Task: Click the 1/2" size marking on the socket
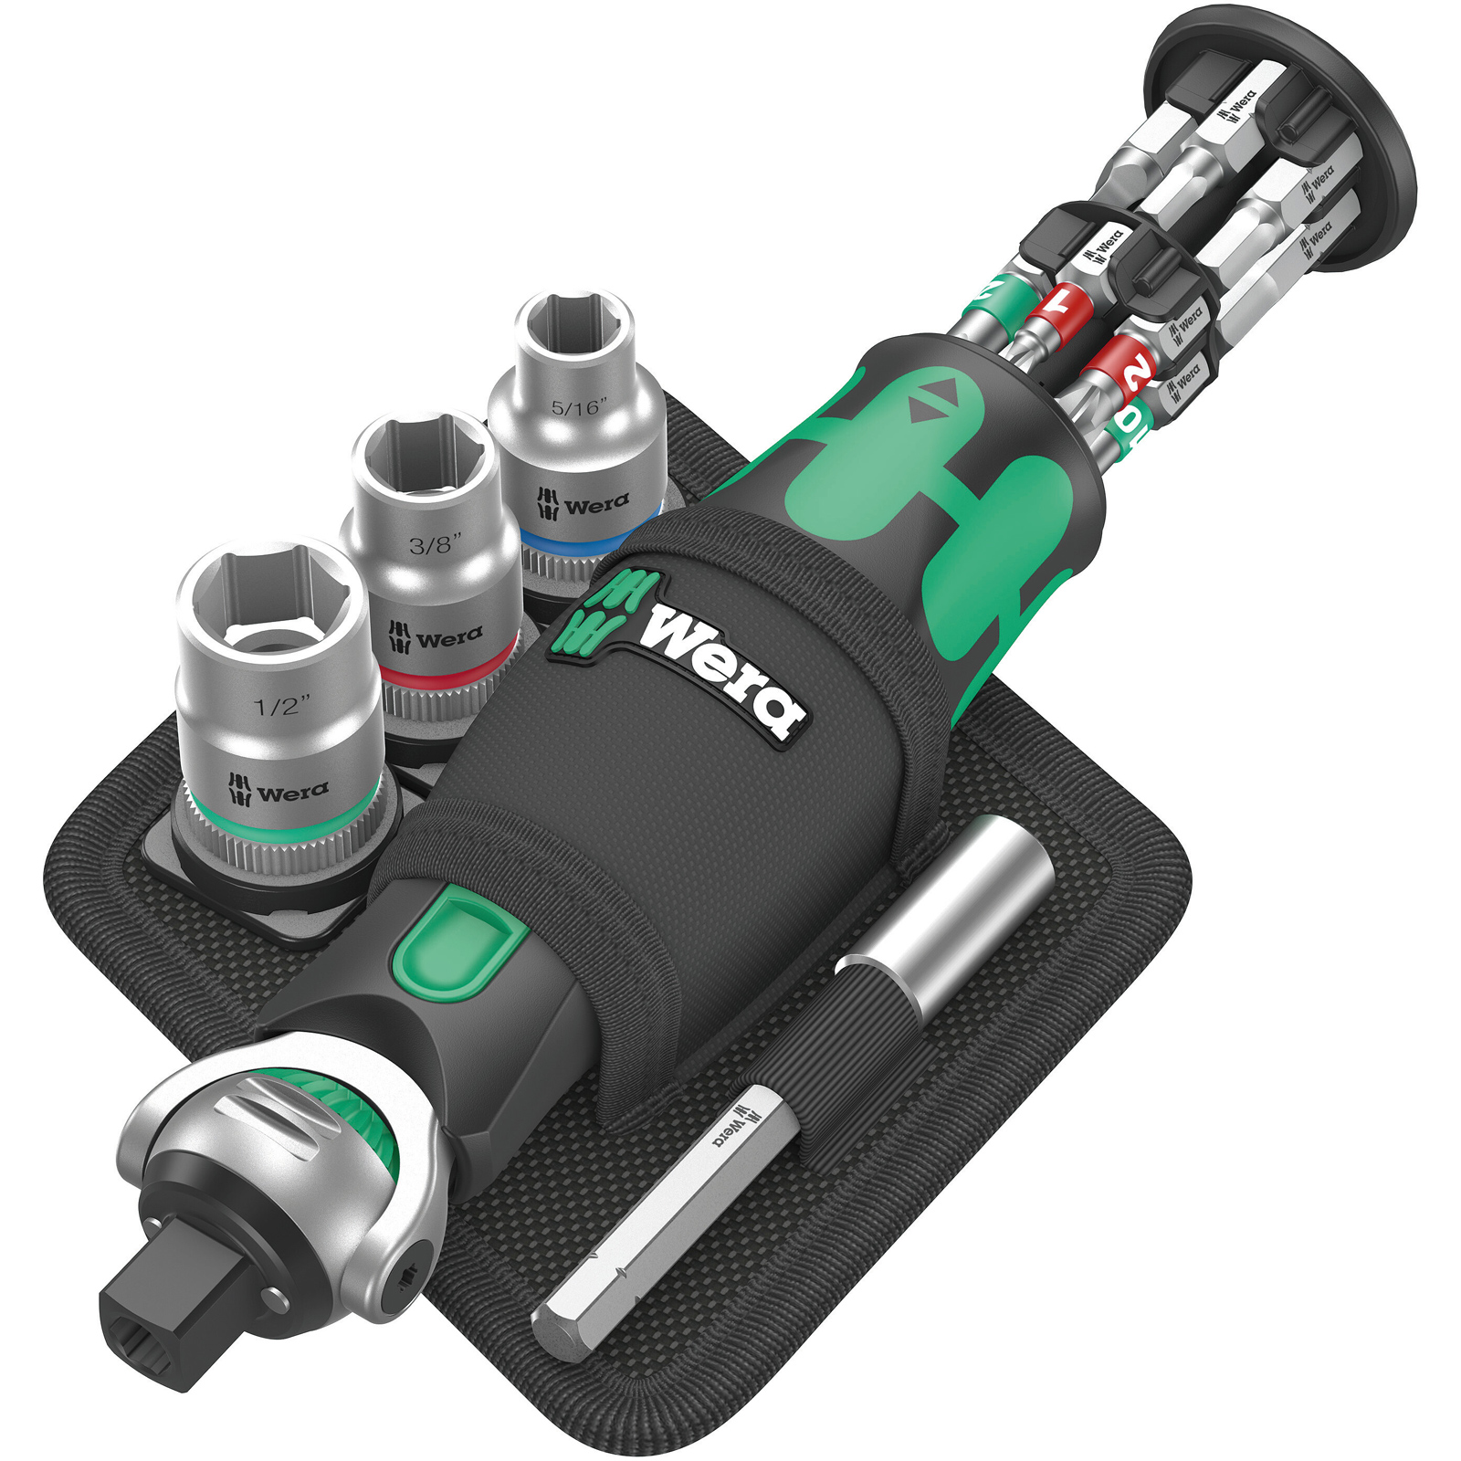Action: click(x=281, y=705)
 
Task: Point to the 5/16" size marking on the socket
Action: click(x=578, y=407)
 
